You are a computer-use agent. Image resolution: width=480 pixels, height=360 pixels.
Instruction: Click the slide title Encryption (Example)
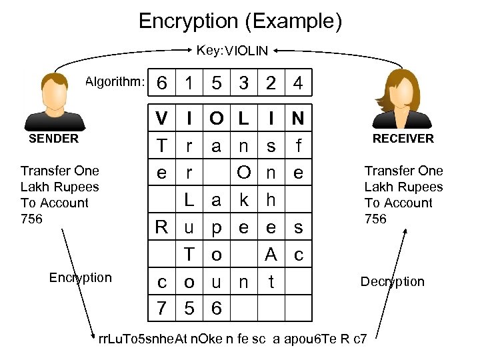[240, 21]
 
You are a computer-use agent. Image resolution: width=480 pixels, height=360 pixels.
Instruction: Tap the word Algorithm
[115, 82]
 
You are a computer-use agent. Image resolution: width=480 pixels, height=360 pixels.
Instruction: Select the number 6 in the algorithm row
[161, 84]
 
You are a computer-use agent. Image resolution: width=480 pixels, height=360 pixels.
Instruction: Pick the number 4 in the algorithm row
[298, 84]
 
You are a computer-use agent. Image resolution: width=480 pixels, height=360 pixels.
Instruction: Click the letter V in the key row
[161, 119]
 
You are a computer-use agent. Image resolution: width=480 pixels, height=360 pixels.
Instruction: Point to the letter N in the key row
[298, 119]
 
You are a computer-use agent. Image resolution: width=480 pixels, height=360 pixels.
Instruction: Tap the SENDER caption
[53, 139]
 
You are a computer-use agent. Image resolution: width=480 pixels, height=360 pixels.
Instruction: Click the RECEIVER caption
[403, 139]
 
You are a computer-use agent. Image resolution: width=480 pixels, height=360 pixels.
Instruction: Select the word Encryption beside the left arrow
[80, 277]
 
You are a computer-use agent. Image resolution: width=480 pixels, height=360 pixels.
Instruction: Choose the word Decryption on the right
[392, 281]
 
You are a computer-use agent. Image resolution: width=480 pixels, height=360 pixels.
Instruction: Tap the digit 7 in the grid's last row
[161, 308]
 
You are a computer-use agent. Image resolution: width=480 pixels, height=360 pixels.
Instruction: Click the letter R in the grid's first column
[161, 227]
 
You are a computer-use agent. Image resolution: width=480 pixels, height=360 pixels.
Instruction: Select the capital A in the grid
[271, 254]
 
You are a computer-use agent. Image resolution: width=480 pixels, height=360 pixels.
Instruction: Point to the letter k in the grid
[244, 200]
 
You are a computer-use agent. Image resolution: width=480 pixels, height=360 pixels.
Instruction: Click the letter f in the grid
[298, 146]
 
